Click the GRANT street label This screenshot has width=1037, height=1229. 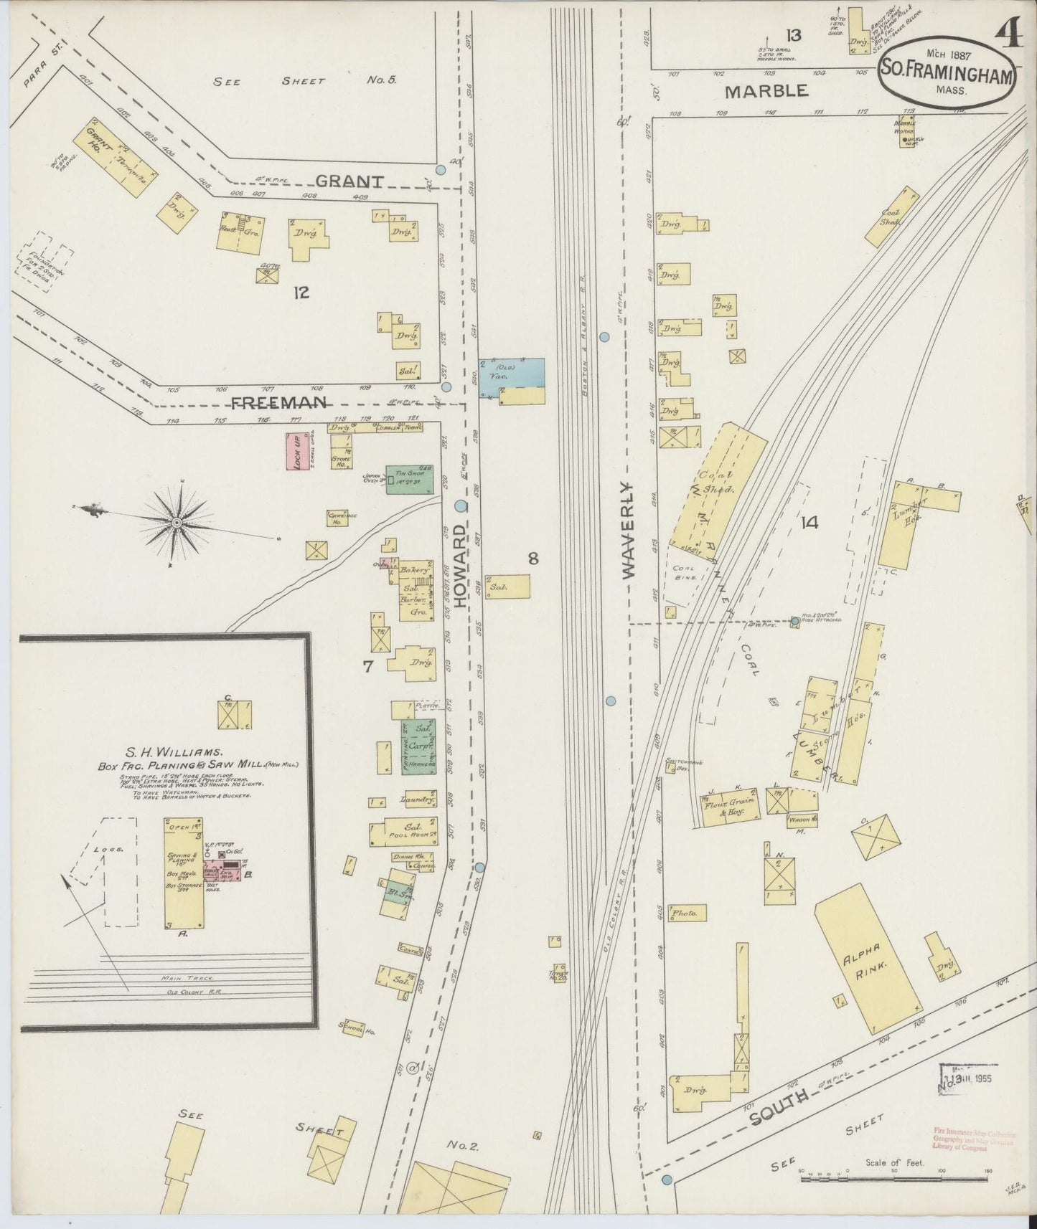pos(350,181)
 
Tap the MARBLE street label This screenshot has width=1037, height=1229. pos(766,91)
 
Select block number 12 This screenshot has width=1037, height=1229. pos(301,292)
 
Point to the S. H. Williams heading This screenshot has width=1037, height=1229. pos(175,752)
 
